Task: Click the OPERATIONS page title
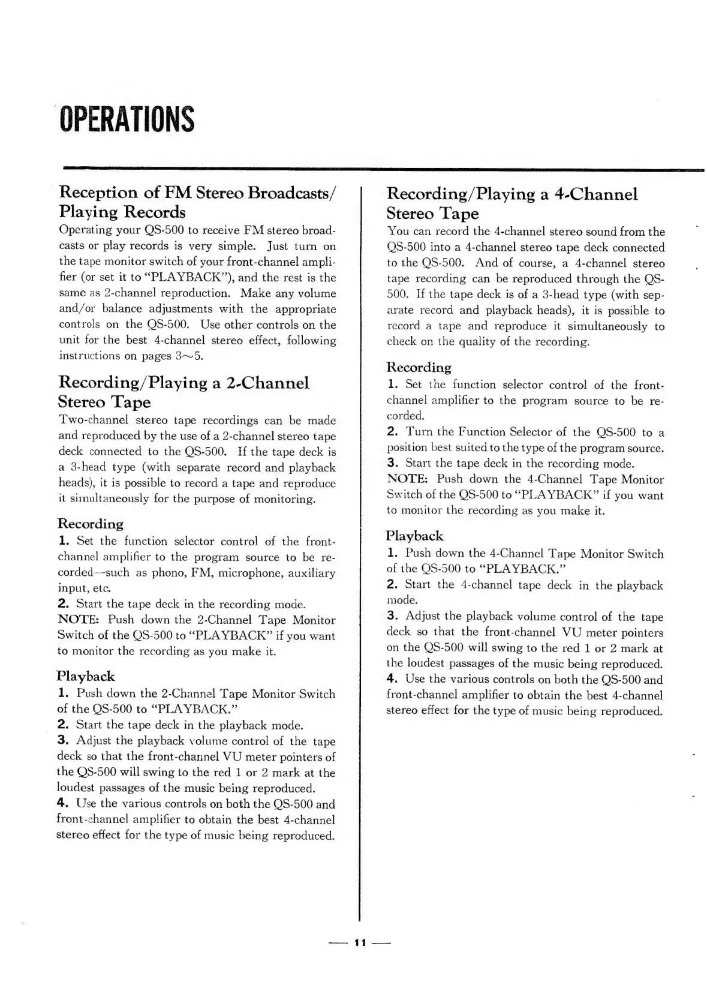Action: [x=127, y=119]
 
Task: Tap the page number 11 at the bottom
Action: [x=360, y=942]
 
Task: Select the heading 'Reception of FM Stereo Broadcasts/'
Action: [x=198, y=193]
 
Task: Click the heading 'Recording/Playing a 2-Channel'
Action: [x=183, y=383]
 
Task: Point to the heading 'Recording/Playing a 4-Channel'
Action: [x=512, y=194]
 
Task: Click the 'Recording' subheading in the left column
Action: [x=90, y=524]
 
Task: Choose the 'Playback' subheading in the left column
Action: [x=86, y=676]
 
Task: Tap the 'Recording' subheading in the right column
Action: [x=419, y=367]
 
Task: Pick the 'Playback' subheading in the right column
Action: [x=414, y=536]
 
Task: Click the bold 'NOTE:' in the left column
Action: [x=79, y=620]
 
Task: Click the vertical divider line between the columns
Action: [x=360, y=540]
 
